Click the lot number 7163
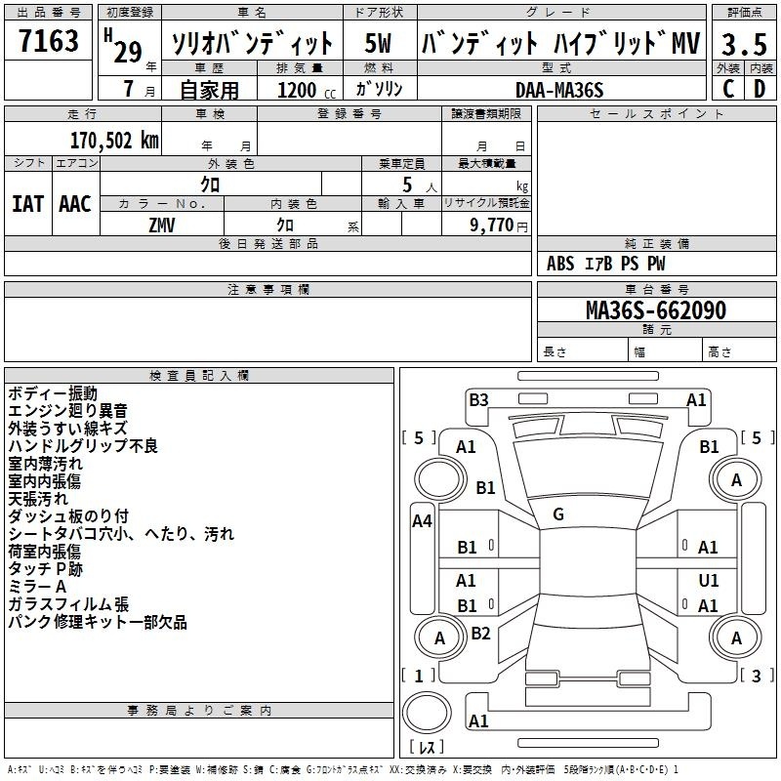click(x=49, y=41)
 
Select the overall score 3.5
click(x=744, y=44)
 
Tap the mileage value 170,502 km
click(x=114, y=141)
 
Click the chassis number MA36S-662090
click(x=656, y=310)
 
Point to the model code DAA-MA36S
click(x=559, y=90)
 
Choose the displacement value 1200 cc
click(x=307, y=90)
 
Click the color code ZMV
click(x=162, y=226)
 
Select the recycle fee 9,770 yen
click(x=499, y=226)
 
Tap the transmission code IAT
click(x=28, y=204)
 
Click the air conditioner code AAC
click(x=75, y=204)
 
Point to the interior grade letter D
click(x=760, y=89)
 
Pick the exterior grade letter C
click(x=728, y=89)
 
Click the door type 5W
click(x=378, y=43)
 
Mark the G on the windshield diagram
click(x=558, y=514)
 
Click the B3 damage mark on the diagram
click(x=478, y=400)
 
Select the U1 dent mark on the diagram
click(x=709, y=580)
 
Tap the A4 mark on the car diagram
click(x=422, y=521)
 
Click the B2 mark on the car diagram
click(x=480, y=633)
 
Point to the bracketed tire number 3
click(x=756, y=676)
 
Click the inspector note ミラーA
click(x=37, y=587)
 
